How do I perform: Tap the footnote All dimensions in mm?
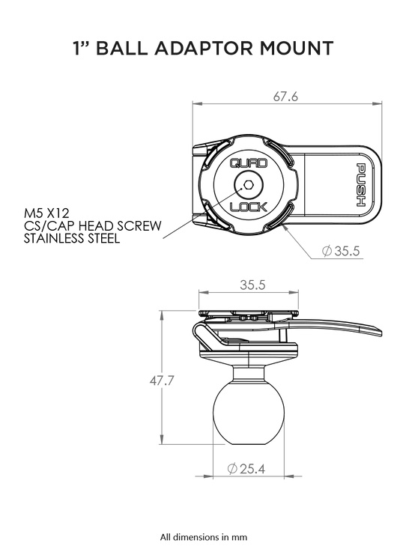(x=204, y=536)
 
